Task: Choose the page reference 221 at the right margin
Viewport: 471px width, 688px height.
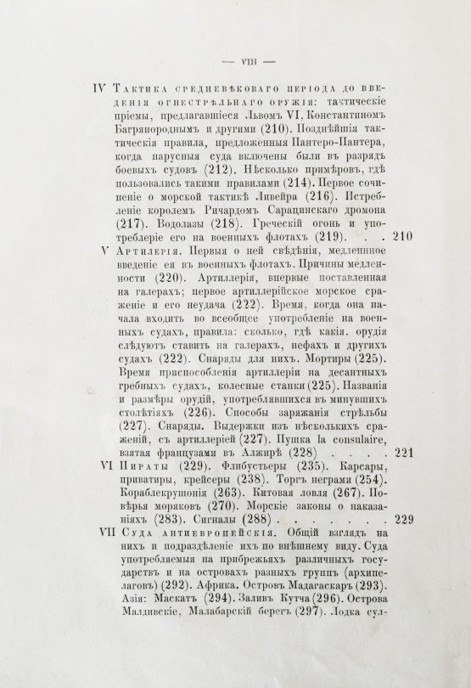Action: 402,453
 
